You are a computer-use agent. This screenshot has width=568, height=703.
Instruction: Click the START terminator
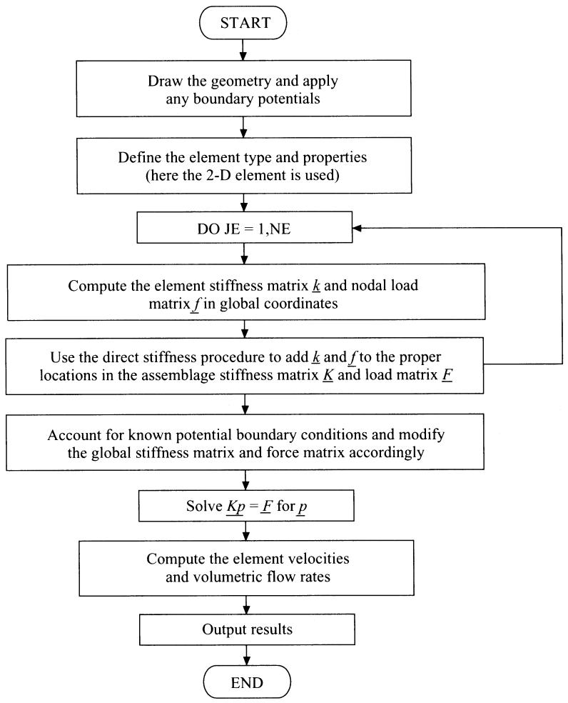click(x=243, y=22)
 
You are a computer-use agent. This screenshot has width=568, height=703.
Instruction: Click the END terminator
click(x=247, y=682)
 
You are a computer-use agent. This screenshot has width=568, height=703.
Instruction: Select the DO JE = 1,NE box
click(x=245, y=229)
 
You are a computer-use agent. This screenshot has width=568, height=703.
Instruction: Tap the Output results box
click(x=247, y=629)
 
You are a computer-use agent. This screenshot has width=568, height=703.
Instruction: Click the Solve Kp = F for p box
click(x=246, y=506)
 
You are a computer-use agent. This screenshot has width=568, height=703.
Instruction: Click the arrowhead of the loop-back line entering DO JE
click(x=357, y=228)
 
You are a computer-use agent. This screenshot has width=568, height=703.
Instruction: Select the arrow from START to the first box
click(x=243, y=50)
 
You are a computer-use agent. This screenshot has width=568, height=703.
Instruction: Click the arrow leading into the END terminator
click(x=247, y=655)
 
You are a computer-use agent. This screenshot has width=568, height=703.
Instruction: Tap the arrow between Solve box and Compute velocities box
click(x=246, y=532)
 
